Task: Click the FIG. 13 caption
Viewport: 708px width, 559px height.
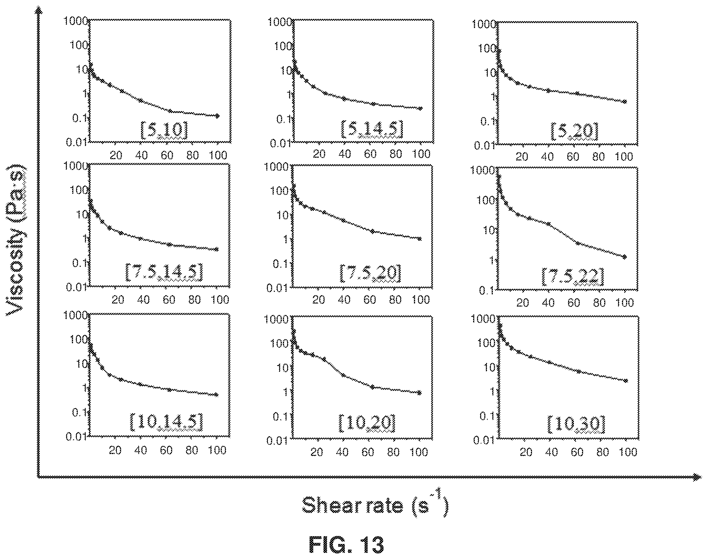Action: click(346, 545)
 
